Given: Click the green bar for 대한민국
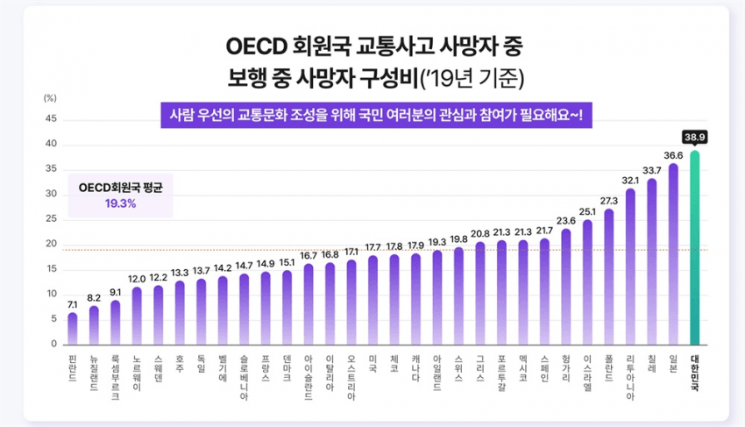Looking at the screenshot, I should click(695, 250).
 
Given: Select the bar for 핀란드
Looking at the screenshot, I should click(73, 329).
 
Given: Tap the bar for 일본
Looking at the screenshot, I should click(673, 254).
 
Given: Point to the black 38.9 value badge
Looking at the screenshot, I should click(695, 138).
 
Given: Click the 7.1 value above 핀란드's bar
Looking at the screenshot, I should click(73, 303).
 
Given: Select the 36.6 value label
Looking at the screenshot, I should click(673, 155).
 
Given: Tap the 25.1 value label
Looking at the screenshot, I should click(587, 211).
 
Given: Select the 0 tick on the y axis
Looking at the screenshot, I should click(53, 344).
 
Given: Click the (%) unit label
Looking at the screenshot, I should click(50, 97).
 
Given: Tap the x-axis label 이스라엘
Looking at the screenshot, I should click(587, 372).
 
